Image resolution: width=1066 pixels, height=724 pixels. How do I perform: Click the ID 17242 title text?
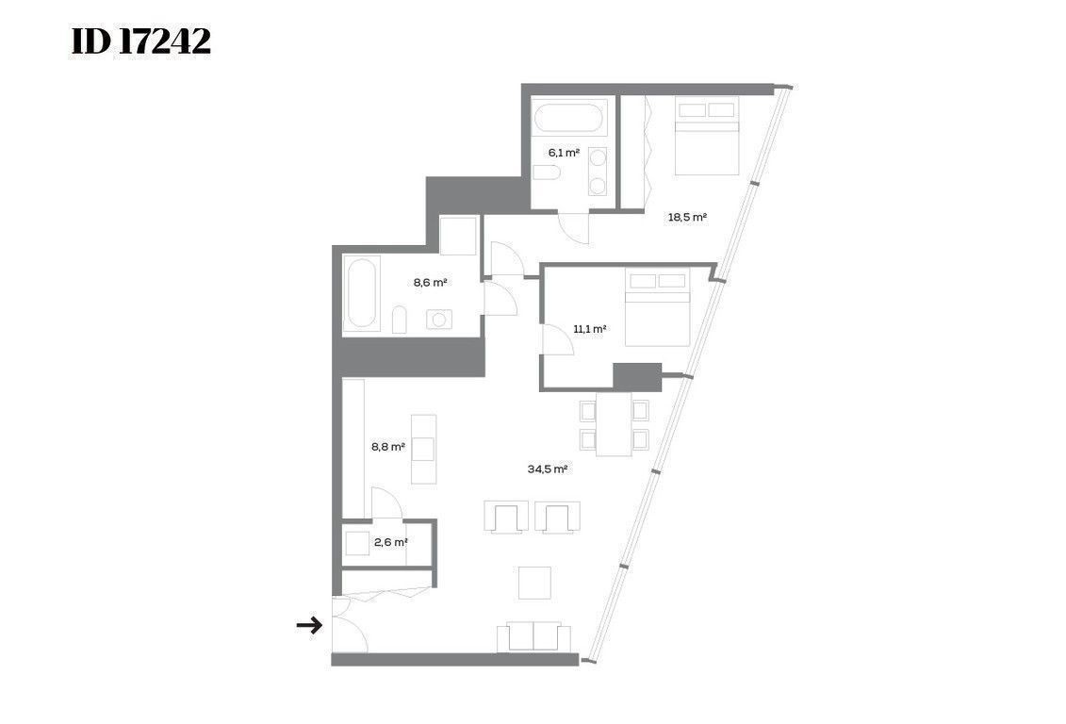coord(140,42)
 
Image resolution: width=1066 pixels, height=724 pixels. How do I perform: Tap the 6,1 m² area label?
coord(564,153)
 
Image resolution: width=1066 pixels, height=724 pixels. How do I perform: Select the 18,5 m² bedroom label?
coord(687,218)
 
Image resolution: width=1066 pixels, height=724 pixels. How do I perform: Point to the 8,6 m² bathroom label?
coord(431,282)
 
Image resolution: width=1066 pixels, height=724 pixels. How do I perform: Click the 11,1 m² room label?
coord(589,329)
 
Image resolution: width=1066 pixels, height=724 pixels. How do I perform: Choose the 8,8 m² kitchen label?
coord(387,447)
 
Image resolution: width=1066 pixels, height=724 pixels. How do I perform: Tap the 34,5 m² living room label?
coord(548,469)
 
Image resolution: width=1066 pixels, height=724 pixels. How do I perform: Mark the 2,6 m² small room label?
coord(390,542)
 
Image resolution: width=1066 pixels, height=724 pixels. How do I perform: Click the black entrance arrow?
coord(309,625)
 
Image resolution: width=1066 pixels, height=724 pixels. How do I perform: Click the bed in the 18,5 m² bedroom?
coord(706,136)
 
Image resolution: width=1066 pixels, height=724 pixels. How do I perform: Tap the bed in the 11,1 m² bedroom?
coord(657,306)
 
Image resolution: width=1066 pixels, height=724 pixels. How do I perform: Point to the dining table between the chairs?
coord(614,423)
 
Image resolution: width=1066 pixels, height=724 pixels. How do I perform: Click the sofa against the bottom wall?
coord(533,636)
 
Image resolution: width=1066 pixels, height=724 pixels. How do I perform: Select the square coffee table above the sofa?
coord(534,583)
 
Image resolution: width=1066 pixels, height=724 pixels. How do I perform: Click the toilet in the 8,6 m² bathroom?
coord(399,321)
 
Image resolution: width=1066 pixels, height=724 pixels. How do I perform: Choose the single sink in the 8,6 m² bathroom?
coord(439,319)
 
